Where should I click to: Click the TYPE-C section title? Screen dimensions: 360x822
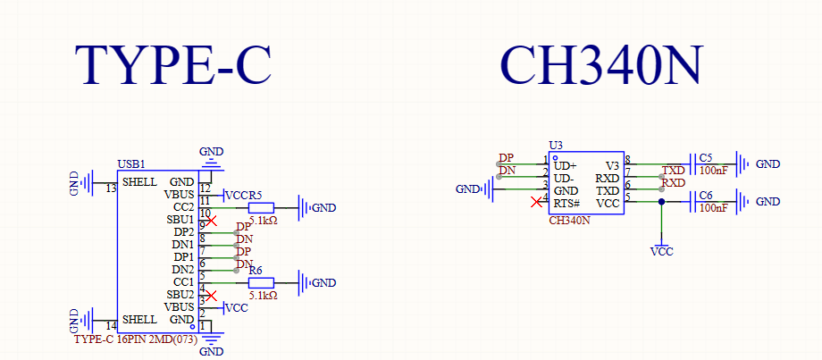tap(172, 64)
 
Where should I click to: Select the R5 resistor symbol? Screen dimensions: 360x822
tap(262, 207)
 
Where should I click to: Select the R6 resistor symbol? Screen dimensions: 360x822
tap(262, 282)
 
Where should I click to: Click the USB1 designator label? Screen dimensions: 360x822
tap(131, 165)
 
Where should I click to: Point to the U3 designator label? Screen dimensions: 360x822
tap(556, 145)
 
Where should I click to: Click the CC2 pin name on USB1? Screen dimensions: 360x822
tap(183, 207)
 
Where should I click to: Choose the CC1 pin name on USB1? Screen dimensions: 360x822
tap(183, 282)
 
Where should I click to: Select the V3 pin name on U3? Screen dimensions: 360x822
tap(612, 165)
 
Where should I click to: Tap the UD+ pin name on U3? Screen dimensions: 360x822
tap(565, 165)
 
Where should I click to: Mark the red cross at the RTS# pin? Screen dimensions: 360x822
tap(536, 202)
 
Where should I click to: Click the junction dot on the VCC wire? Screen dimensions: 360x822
tap(661, 202)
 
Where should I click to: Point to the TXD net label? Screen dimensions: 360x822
tap(673, 170)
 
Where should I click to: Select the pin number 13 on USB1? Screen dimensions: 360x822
tap(111, 189)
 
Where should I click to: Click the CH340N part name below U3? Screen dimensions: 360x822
tap(569, 220)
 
